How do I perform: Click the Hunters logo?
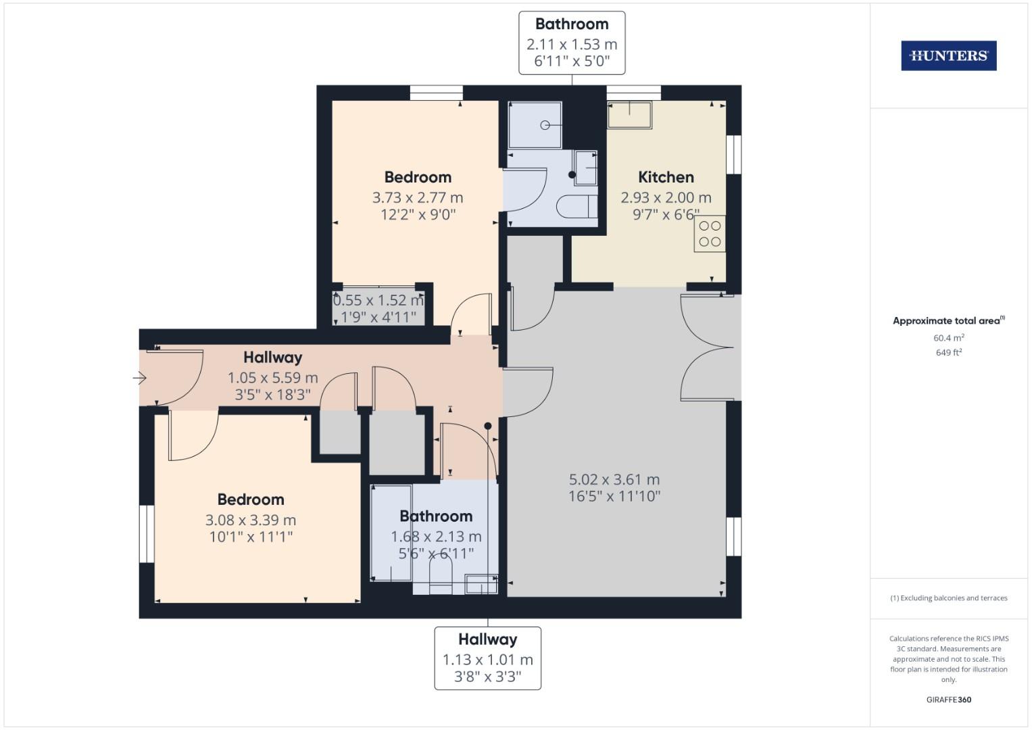coord(948,55)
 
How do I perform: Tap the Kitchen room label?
coord(666,177)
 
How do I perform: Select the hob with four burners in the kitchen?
coord(710,234)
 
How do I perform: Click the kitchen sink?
coord(629,114)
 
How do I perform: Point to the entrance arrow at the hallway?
coord(141,378)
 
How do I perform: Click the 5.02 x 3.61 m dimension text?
coord(614,479)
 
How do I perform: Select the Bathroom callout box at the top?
coord(572,43)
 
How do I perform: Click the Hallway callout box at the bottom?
coord(487,658)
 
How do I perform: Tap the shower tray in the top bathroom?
coord(535,125)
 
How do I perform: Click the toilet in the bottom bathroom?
coord(441,579)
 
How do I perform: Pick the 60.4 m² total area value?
coord(948,338)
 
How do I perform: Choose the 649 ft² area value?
coord(948,352)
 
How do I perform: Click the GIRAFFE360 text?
coord(948,700)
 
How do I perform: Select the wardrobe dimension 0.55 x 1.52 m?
coord(378,300)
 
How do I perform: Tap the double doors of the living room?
coord(707,347)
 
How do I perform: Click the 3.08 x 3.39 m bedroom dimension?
coord(250,520)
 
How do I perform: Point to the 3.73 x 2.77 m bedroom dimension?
coord(417,197)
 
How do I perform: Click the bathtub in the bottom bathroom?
coord(392,533)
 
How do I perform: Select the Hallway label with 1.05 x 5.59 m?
coord(272,358)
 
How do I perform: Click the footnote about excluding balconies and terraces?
coord(948,598)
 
